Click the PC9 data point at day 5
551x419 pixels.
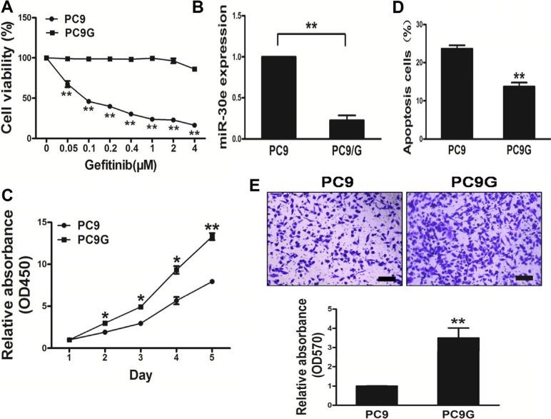point(211,282)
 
